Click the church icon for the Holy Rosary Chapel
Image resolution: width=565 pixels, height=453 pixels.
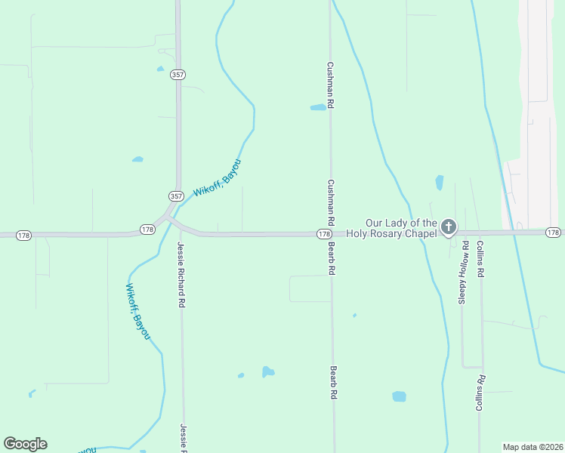449,226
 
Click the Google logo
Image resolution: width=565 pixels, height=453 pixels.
25,444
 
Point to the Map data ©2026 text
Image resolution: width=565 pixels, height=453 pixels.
533,446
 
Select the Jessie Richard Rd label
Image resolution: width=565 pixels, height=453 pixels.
181,274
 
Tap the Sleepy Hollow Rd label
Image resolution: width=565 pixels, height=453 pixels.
464,273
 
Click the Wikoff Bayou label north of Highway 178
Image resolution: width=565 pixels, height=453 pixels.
218,179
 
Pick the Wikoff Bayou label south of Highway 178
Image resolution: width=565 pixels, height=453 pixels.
137,310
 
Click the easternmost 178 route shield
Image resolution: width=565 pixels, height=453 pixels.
554,233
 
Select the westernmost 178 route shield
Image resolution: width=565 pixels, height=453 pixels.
23,236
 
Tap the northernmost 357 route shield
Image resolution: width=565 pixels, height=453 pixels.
178,75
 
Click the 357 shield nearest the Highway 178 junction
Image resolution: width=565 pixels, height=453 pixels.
176,196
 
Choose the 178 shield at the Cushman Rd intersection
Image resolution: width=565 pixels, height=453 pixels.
323,235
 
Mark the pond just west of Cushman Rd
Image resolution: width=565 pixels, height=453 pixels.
318,107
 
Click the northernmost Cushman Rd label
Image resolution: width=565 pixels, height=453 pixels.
330,87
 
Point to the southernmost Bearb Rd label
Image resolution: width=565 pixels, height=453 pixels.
333,383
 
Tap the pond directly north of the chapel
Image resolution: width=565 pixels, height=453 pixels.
439,183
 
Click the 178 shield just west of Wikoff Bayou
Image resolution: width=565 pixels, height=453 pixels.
147,229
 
